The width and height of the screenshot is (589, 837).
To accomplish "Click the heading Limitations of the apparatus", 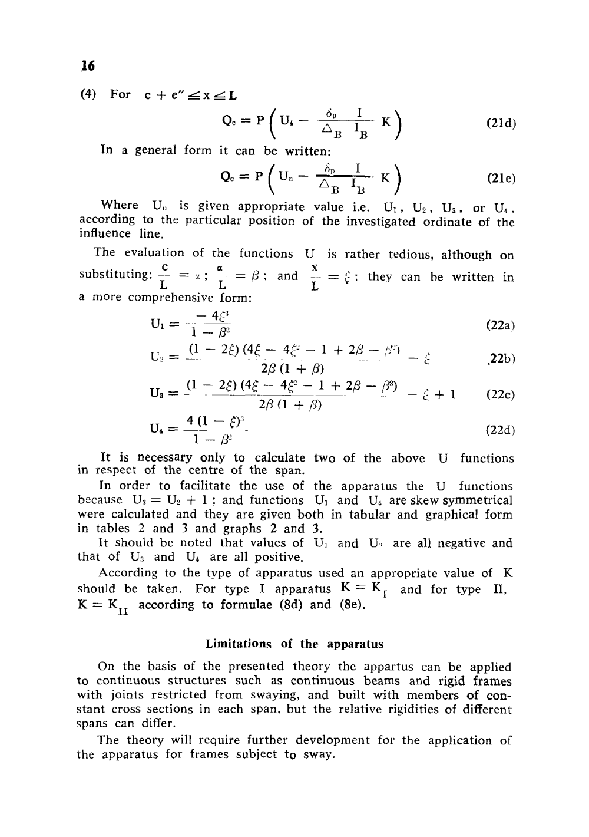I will tap(294, 644).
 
